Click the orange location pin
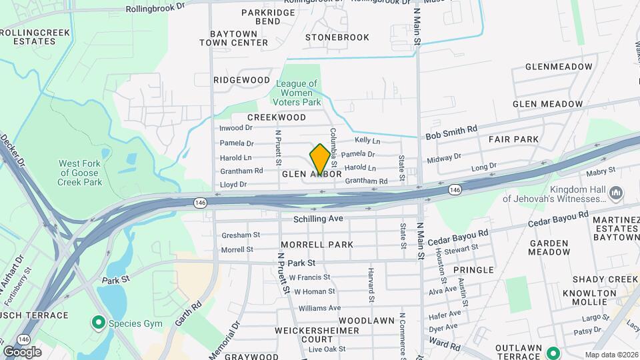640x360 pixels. (320, 159)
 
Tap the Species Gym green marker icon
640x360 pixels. (99, 324)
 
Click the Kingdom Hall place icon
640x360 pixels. (615, 193)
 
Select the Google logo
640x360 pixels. (22, 352)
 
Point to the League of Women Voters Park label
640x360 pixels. (297, 93)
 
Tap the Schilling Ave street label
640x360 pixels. (318, 219)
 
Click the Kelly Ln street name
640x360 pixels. (367, 141)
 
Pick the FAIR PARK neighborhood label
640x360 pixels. (513, 139)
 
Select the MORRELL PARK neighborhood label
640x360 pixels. (317, 245)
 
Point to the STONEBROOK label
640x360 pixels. (337, 37)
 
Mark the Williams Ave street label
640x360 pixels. (319, 308)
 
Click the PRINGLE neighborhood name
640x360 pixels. (473, 270)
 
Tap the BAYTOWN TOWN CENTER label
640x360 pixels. (229, 38)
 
